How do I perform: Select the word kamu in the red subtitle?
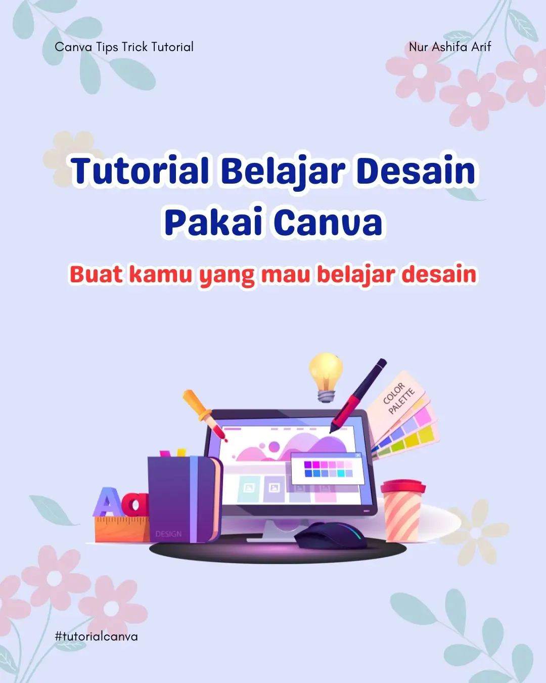pos(161,275)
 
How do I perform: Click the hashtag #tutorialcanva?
pos(96,636)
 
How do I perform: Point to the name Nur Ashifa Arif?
pos(450,47)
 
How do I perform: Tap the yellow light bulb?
pos(326,377)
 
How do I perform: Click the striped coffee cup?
pos(403,511)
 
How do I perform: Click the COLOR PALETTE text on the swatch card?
pos(398,398)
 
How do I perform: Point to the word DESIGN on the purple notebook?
pos(168,534)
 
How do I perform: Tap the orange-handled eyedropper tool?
pos(204,414)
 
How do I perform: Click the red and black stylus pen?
pos(358,395)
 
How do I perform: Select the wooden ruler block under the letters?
pos(122,529)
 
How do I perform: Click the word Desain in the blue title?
pos(416,172)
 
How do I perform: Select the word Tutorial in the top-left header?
pos(172,47)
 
